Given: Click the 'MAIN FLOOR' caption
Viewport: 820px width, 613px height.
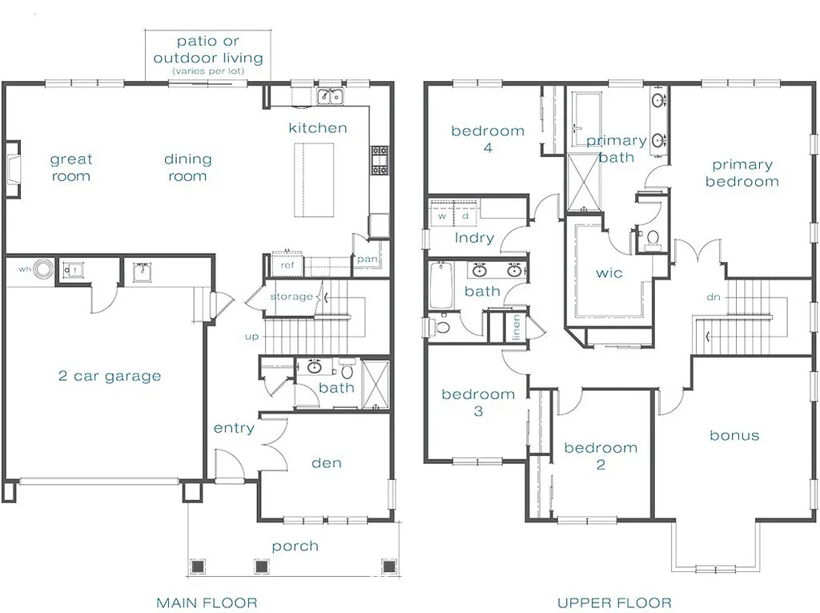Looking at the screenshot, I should coord(207,602).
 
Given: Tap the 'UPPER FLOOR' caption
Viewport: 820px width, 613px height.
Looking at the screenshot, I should coord(614,602).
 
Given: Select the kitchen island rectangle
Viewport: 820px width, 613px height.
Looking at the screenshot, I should coord(313,179).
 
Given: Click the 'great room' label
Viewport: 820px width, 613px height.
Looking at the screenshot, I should coord(71,167).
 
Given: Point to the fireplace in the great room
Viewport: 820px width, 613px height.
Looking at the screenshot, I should coord(12,168).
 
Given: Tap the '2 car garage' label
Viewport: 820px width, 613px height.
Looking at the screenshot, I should coord(110,376).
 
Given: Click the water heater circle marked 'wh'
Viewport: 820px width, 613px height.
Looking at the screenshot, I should coord(44,270).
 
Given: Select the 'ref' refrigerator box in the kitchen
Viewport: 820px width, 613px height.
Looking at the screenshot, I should coord(287,265).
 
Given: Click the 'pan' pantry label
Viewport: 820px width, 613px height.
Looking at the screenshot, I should coord(367,259).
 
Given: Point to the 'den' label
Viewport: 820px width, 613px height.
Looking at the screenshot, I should coord(326,462).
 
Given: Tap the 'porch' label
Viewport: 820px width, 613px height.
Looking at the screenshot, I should coord(295,546).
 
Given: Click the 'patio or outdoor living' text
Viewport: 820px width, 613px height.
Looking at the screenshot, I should coord(207,50).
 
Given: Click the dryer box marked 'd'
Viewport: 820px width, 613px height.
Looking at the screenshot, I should coord(465,216).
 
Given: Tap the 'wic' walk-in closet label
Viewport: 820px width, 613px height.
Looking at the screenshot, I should coord(609,272).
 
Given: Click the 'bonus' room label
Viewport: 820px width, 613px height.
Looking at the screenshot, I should coord(734,435).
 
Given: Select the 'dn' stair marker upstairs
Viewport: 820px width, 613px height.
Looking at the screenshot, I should coord(715,296).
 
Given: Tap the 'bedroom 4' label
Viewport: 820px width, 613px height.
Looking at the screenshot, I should coord(488,139).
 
